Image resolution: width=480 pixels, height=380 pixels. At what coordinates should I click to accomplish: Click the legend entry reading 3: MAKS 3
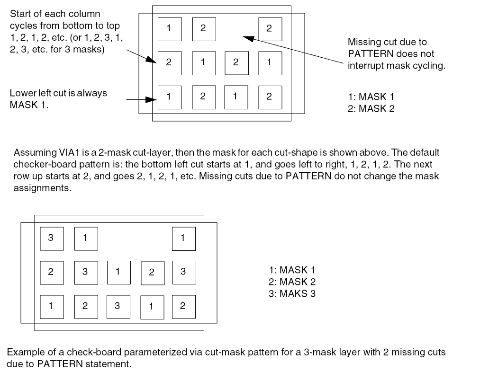click(292, 293)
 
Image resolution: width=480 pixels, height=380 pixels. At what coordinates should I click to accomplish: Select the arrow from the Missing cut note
click(294, 49)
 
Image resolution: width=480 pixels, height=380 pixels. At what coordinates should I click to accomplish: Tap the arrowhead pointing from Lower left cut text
click(153, 100)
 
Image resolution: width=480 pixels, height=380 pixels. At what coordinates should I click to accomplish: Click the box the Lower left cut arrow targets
click(169, 97)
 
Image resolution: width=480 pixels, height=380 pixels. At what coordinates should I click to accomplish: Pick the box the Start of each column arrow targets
click(169, 63)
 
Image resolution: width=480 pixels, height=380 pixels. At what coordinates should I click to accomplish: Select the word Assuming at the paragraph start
click(31, 153)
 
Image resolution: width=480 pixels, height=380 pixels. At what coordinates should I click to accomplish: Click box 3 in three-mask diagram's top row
click(51, 239)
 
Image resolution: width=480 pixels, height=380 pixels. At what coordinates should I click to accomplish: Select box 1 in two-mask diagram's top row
click(169, 28)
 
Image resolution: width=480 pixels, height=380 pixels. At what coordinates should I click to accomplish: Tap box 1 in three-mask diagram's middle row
click(118, 272)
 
